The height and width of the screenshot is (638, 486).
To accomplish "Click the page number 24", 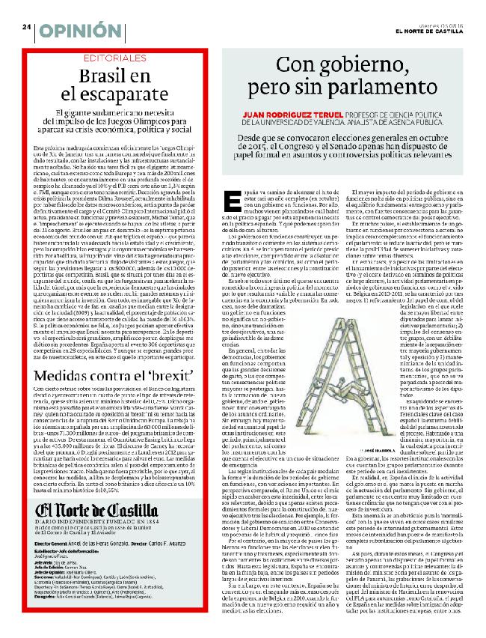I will (25, 26).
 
